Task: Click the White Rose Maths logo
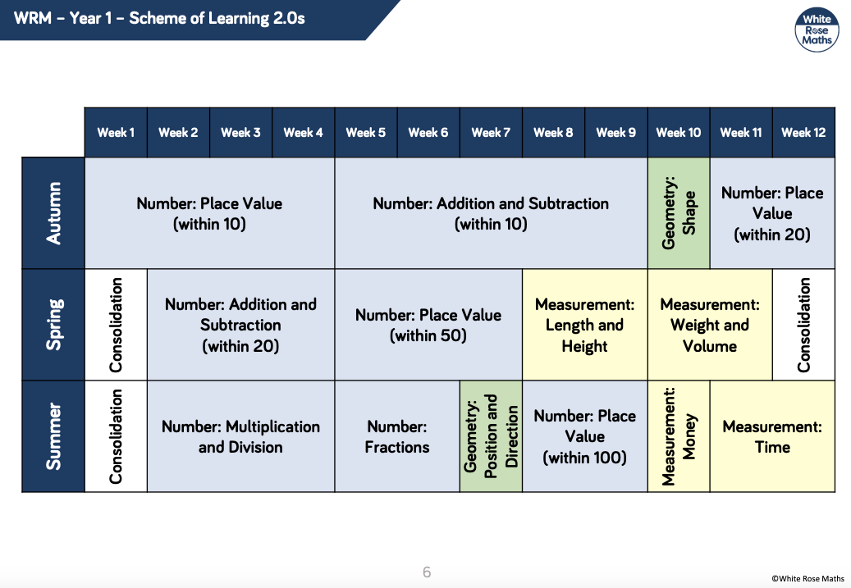(817, 30)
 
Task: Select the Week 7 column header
(491, 132)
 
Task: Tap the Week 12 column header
(803, 132)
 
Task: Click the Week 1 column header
(116, 132)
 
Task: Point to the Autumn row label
(53, 213)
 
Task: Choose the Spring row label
(53, 325)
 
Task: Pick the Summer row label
(53, 436)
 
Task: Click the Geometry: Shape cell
(679, 213)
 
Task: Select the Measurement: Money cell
(679, 436)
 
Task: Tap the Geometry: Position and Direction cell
(491, 436)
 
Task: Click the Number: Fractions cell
(397, 436)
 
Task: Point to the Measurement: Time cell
(772, 436)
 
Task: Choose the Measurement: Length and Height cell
(584, 325)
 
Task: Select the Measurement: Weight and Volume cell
(710, 325)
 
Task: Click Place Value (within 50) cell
(428, 325)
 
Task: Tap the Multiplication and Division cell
(240, 436)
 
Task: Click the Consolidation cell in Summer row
(116, 436)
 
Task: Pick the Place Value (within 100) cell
(584, 436)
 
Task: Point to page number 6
(427, 572)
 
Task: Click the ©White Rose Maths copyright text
(808, 579)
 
